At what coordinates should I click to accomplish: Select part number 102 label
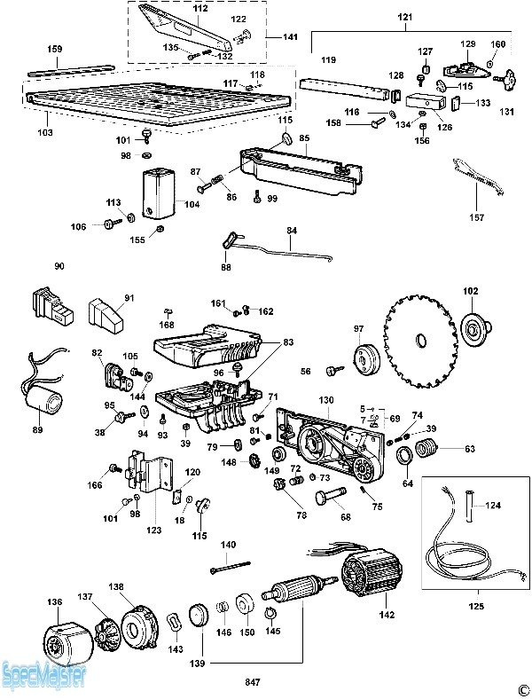pyautogui.click(x=470, y=290)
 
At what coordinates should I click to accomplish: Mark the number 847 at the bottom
pyautogui.click(x=254, y=682)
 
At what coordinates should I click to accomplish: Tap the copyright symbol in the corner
pyautogui.click(x=519, y=688)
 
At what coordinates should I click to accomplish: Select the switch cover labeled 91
pyautogui.click(x=108, y=313)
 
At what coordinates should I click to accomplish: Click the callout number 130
pyautogui.click(x=326, y=401)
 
